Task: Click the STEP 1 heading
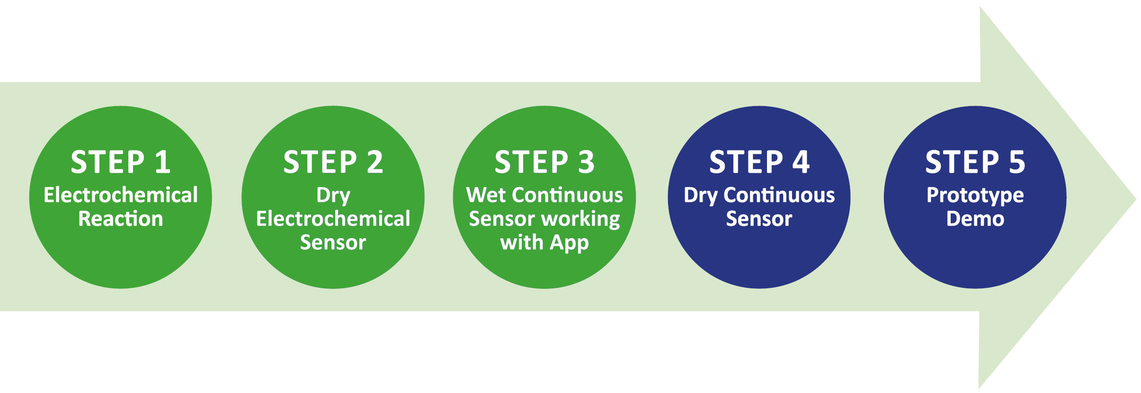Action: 121,162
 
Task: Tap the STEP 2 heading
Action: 333,162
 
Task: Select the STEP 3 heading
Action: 544,162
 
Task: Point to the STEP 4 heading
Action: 759,162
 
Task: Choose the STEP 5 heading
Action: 975,162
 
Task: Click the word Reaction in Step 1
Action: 121,219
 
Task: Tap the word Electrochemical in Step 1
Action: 121,195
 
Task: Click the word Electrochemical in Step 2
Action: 333,219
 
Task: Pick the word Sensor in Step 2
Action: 333,242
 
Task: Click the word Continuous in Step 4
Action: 779,195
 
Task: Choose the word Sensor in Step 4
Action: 759,219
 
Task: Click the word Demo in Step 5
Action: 975,219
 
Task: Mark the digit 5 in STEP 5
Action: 1017,162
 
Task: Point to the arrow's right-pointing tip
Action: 1135,199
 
